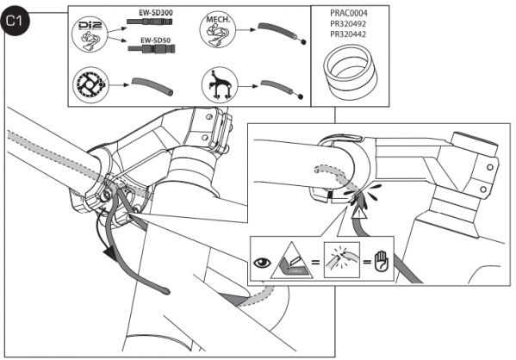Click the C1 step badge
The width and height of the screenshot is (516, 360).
(x=15, y=21)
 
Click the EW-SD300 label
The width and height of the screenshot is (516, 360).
(x=156, y=13)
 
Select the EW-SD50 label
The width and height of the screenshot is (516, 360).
(x=156, y=40)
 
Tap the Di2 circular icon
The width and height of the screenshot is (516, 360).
(x=90, y=35)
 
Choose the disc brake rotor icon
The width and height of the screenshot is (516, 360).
(x=90, y=85)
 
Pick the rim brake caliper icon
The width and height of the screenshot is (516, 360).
(x=220, y=84)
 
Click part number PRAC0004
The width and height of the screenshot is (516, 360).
(x=349, y=14)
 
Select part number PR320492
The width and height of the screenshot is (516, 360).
(x=349, y=24)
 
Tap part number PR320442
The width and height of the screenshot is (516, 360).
(x=349, y=34)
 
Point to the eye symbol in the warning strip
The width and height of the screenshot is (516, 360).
(x=262, y=263)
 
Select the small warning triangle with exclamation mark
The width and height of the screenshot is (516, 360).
(x=359, y=215)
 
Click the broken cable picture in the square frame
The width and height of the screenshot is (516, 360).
(x=342, y=260)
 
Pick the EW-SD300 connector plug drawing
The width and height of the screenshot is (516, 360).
(x=150, y=22)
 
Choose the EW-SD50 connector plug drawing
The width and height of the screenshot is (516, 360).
(x=152, y=49)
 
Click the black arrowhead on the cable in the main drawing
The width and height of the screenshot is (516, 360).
(x=109, y=254)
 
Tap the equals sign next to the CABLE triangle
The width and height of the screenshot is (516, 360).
(x=316, y=263)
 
